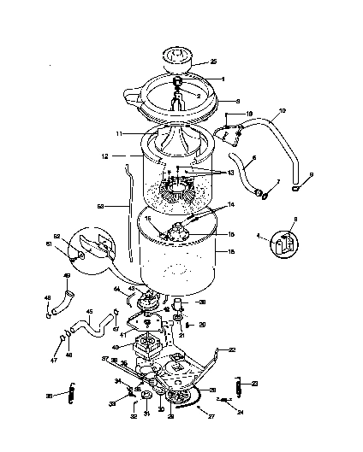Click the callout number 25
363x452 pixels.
pos(213,62)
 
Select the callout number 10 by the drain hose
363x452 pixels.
pos(283,110)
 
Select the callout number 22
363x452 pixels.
pos(231,349)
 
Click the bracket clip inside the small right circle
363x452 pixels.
pos(285,242)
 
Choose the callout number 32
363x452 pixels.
pos(134,416)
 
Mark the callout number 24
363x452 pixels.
pos(241,411)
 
